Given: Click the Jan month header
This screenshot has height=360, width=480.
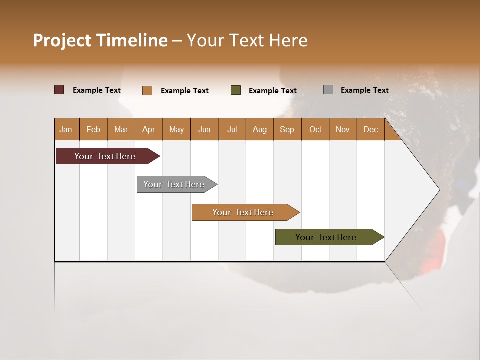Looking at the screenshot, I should click(x=66, y=129).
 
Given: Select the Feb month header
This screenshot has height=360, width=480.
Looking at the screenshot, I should click(x=93, y=129).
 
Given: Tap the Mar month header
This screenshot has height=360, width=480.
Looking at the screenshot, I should click(x=121, y=129).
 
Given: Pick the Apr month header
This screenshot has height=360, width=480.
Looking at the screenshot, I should click(x=149, y=129).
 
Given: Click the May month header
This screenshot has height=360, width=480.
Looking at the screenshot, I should click(x=176, y=129).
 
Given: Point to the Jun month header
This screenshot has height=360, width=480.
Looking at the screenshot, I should click(x=204, y=129).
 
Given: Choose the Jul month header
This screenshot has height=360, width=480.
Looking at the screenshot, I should click(x=232, y=129).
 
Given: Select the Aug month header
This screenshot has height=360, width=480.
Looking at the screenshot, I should click(x=260, y=129).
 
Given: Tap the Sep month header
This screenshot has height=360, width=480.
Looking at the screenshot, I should click(x=287, y=129).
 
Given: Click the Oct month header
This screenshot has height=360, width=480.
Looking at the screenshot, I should click(x=315, y=129).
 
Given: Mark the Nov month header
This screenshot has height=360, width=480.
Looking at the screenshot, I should click(x=343, y=129).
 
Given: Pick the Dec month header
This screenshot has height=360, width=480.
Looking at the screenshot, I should click(x=371, y=129).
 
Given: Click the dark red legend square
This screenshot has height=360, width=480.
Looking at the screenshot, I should click(x=59, y=90).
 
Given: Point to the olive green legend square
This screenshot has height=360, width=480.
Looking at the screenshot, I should click(x=236, y=90).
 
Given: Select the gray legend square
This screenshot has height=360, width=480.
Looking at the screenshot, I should click(x=328, y=89).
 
